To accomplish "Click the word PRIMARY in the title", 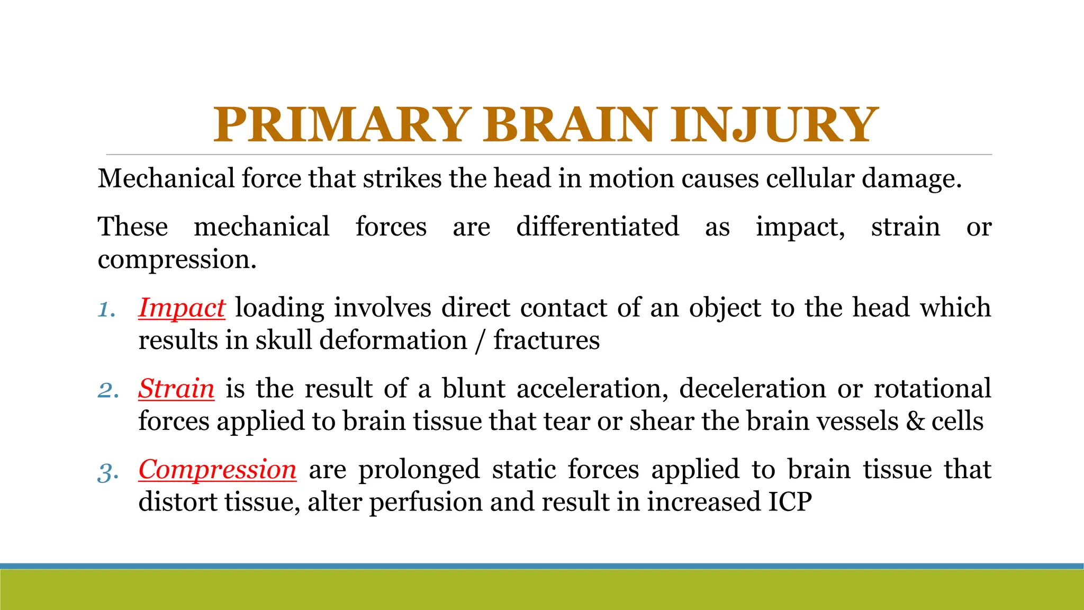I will click(x=341, y=125).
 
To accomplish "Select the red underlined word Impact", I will click(x=182, y=308).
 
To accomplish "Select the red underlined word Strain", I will click(x=176, y=389).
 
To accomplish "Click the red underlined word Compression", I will click(x=217, y=470).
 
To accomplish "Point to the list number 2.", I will click(x=108, y=391).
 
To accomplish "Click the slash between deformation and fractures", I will click(x=480, y=340).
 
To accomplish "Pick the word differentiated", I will click(x=598, y=227).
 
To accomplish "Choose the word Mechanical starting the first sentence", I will click(x=166, y=178).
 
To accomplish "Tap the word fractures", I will click(x=546, y=340).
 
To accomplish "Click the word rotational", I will click(x=932, y=389).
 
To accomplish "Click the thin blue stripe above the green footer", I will click(x=542, y=566).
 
